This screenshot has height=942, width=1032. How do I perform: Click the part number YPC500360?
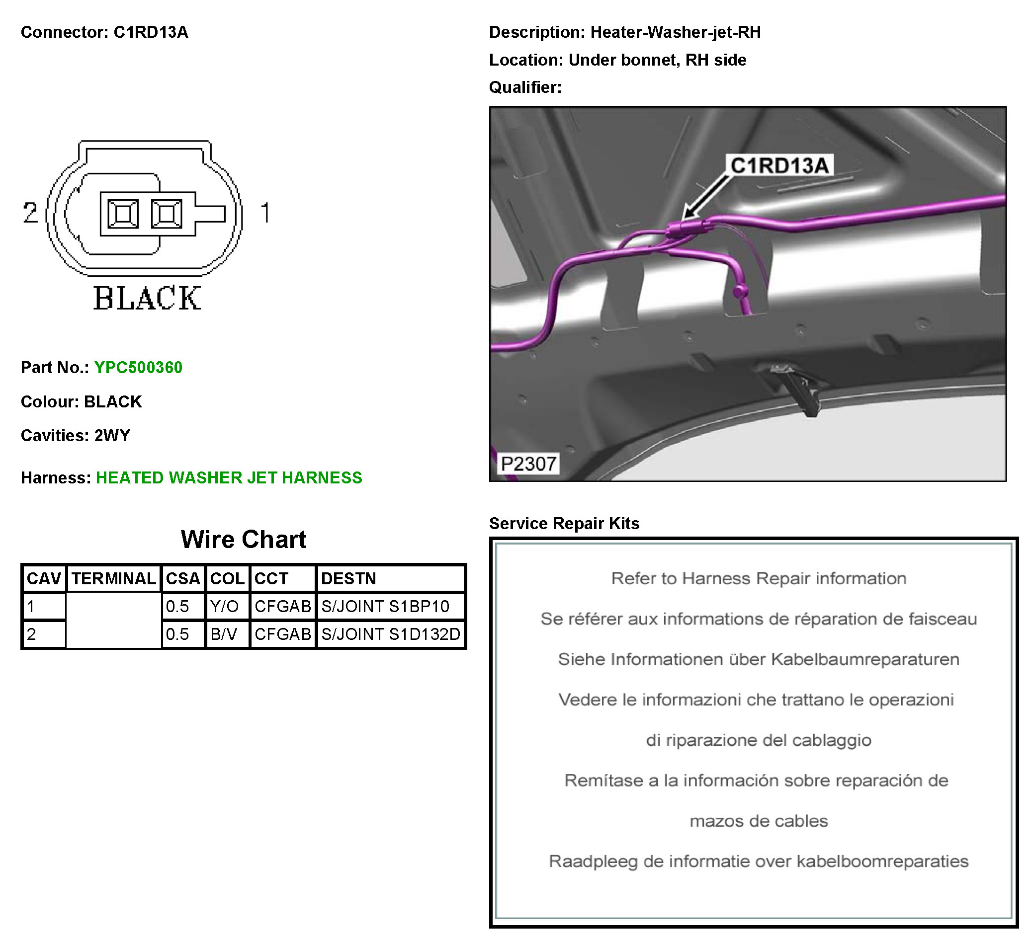pyautogui.click(x=138, y=367)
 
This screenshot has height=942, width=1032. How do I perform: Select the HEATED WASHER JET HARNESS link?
pyautogui.click(x=229, y=477)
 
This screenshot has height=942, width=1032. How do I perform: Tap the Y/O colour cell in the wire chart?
pyautogui.click(x=224, y=606)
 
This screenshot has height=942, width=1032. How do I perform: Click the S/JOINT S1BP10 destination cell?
pyautogui.click(x=385, y=606)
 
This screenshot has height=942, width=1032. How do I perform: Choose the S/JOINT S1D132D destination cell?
pyautogui.click(x=391, y=634)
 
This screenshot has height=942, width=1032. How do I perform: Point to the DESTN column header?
pyautogui.click(x=348, y=578)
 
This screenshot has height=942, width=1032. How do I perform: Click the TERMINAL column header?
pyautogui.click(x=113, y=578)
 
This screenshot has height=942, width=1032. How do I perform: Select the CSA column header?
pyautogui.click(x=183, y=578)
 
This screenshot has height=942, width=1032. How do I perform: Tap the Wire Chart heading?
pyautogui.click(x=244, y=539)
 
